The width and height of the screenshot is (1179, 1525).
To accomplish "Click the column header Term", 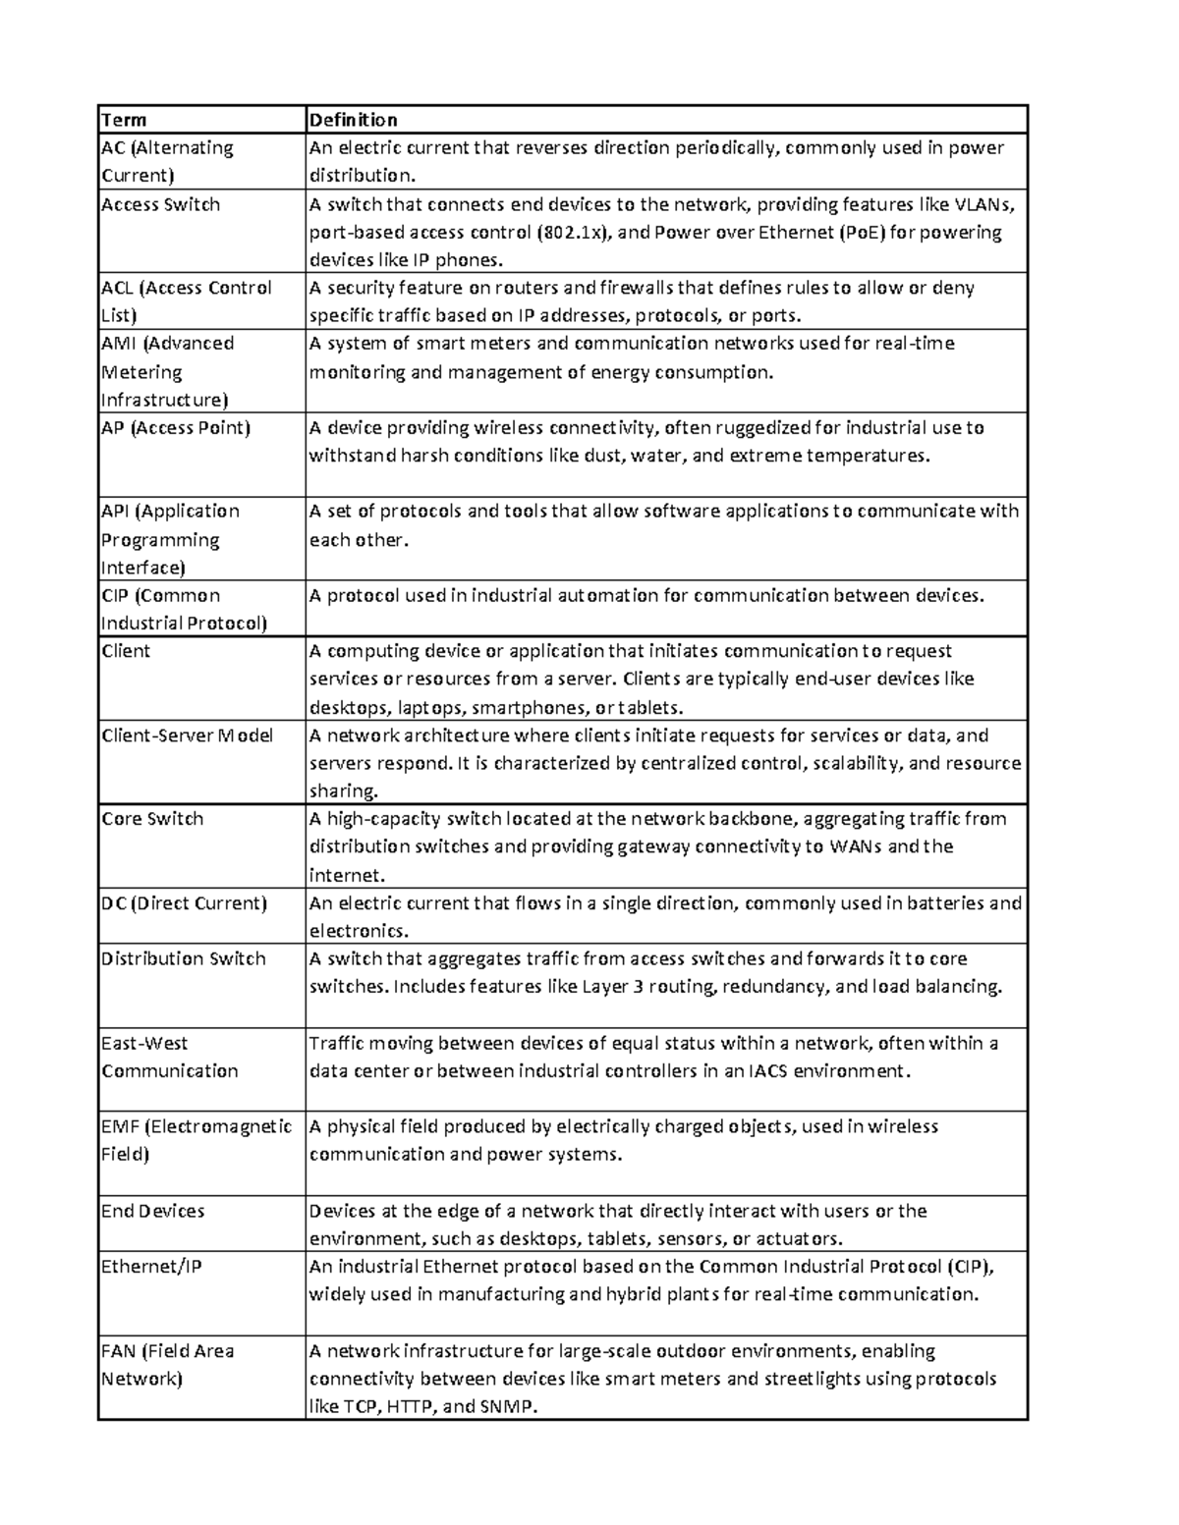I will tap(124, 120).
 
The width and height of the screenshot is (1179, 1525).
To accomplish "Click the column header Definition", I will tap(354, 120).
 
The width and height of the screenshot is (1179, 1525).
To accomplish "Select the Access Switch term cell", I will tap(161, 204).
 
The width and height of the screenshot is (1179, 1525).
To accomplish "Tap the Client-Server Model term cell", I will tap(188, 735).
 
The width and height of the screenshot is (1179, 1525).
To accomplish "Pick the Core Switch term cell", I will tap(152, 819).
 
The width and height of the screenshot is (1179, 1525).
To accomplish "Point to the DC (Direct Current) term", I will tap(184, 903).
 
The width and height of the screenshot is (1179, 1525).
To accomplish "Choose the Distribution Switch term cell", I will tap(184, 958).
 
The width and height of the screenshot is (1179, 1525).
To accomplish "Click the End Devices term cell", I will tap(153, 1211).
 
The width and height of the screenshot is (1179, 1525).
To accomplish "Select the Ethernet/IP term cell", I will tap(151, 1267).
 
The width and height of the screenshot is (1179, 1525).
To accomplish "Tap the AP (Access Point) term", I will tap(176, 428).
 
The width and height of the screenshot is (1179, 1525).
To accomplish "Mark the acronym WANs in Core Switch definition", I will tap(856, 846).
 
